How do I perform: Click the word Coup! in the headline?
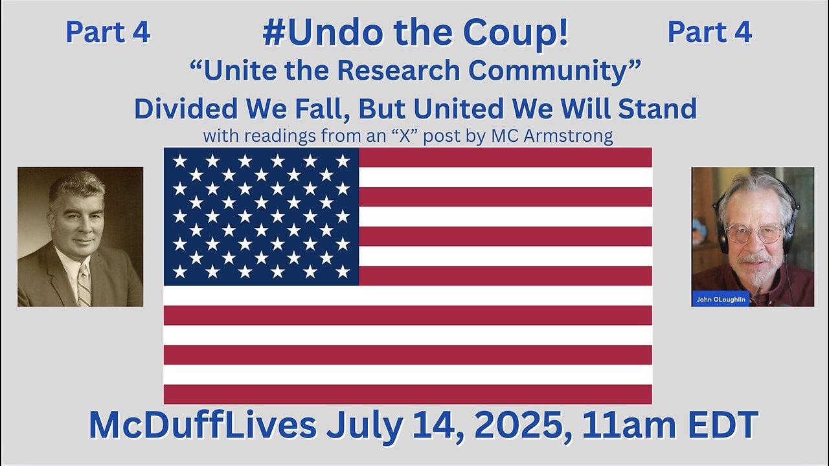click(x=516, y=34)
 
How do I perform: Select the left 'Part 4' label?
click(x=108, y=32)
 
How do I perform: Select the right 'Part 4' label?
click(x=710, y=32)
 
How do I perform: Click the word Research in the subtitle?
click(x=398, y=71)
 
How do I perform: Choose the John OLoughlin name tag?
click(x=721, y=299)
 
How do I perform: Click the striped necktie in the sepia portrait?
click(x=84, y=284)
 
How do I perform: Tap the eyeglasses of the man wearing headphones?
click(x=755, y=234)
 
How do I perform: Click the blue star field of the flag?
click(x=261, y=216)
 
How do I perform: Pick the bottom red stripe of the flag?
click(x=408, y=394)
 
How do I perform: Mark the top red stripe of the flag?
click(x=505, y=157)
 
